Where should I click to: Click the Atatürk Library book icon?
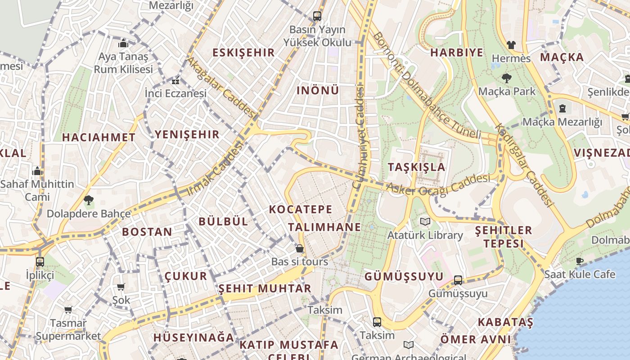coord(425,221)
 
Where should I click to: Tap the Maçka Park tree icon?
coord(507,78)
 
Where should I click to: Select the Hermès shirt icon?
coord(511,45)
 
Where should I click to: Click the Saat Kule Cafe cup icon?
coord(580,261)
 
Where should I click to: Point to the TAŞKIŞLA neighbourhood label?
coord(416,167)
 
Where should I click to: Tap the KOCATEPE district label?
coord(301,209)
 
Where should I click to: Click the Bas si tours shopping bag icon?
coord(299,248)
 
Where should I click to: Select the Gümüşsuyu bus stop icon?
coord(458,280)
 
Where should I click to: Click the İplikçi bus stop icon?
coord(40,261)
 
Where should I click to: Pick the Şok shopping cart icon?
coord(121,287)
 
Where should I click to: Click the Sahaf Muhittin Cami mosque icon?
coord(37,171)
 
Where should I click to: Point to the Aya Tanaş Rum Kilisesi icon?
coord(123,44)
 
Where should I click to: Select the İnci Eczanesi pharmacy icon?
coord(175,81)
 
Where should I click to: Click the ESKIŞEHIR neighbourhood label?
coord(243,53)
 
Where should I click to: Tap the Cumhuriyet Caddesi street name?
coord(360,137)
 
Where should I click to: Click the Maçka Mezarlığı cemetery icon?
coord(562,108)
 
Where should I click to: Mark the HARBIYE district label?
coord(456,53)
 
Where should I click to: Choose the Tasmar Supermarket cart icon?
coord(68,310)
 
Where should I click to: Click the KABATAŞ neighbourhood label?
coord(505,322)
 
